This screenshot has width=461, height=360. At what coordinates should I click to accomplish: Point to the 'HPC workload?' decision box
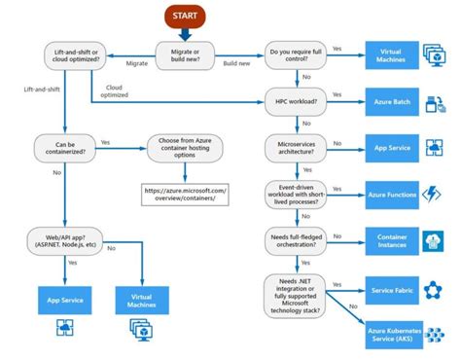(296, 99)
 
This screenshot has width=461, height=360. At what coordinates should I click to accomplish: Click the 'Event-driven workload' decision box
(296, 194)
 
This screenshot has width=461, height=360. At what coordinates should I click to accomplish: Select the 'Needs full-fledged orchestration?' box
(296, 240)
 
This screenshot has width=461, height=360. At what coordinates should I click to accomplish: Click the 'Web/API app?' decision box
(64, 240)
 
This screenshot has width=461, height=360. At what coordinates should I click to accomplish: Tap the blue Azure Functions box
(391, 194)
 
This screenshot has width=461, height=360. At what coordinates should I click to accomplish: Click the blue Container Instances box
(391, 240)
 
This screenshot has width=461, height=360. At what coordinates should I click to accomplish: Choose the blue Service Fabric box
(391, 290)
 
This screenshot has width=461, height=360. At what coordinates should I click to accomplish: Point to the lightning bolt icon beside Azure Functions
(434, 194)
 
